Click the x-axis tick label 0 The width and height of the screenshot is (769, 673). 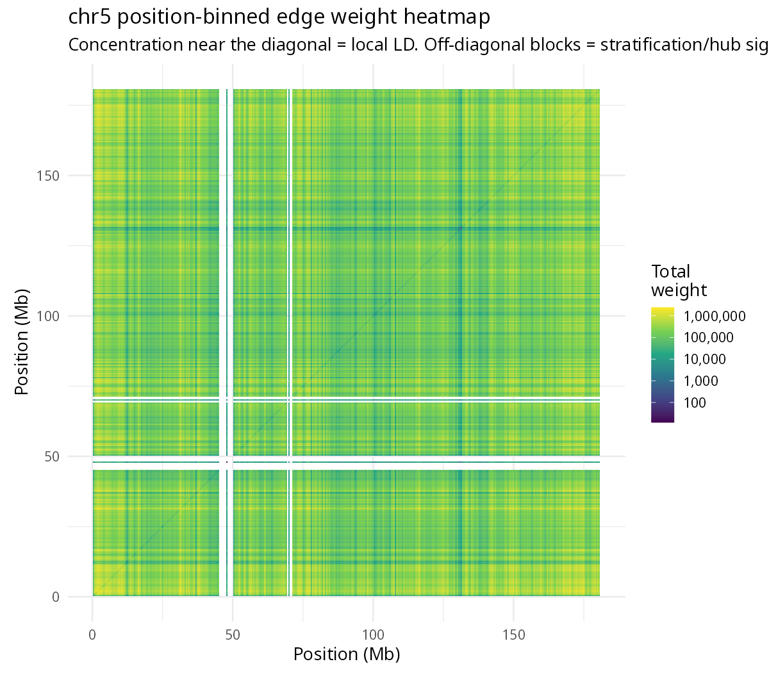tap(92, 635)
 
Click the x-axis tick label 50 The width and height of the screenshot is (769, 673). tap(233, 635)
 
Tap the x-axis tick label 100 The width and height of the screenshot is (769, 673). tap(373, 635)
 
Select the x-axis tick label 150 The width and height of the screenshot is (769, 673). tap(513, 635)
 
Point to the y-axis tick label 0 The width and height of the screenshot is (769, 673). tap(56, 597)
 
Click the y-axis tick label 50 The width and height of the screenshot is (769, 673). tap(52, 456)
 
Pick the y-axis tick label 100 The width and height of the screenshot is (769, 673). tap(48, 316)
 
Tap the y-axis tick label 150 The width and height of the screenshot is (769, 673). tap(48, 176)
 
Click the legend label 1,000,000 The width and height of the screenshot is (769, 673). tap(715, 317)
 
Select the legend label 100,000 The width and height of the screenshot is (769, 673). tap(709, 338)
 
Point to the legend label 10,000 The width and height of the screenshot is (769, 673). tap(705, 360)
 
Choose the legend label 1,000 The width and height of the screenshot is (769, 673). tap(701, 381)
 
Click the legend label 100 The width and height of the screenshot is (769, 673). tap(695, 403)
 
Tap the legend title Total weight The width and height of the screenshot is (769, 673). tap(679, 281)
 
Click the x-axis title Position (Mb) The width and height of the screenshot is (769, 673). tap(347, 654)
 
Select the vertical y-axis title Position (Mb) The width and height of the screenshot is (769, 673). tap(21, 342)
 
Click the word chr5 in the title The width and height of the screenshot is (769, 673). tap(90, 17)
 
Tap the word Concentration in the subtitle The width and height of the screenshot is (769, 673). tap(126, 45)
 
